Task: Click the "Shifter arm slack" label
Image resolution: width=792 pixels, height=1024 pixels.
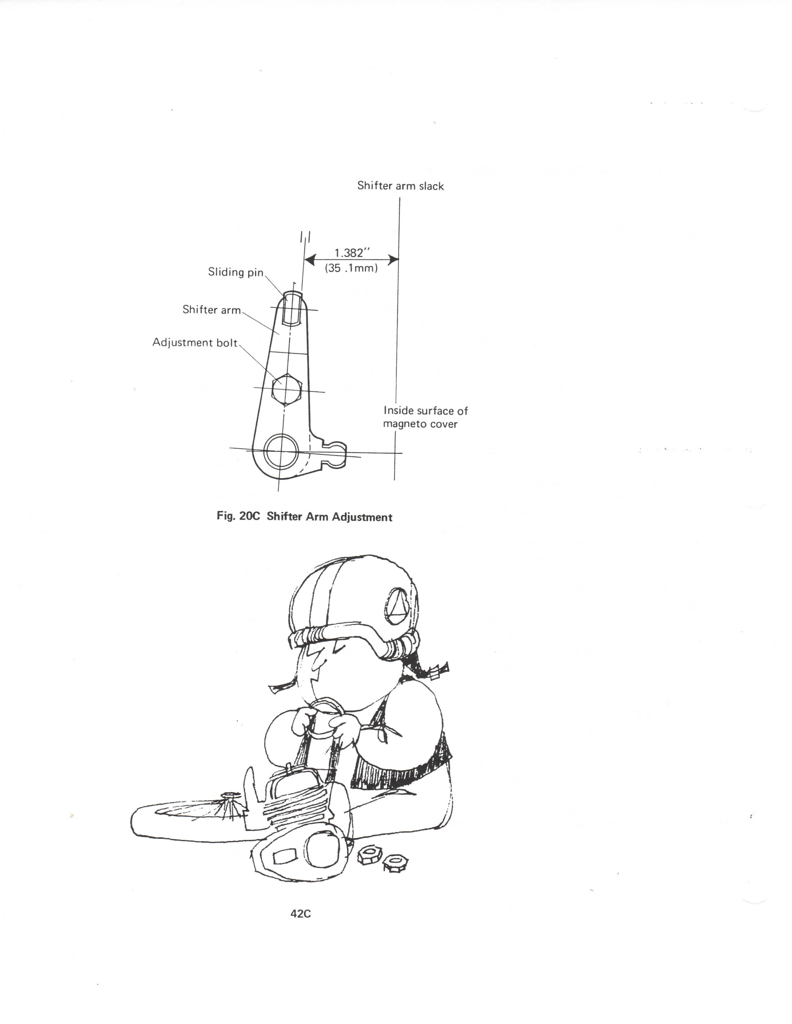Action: coord(400,186)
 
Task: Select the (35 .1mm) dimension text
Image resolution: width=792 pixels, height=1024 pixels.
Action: coord(351,269)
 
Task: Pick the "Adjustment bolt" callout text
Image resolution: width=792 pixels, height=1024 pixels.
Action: coord(195,343)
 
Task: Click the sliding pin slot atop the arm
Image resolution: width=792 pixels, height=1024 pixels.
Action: coord(293,308)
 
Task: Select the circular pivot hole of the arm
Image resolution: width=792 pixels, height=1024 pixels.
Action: coord(281,451)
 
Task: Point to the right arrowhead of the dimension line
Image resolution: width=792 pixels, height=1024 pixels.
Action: coord(393,259)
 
